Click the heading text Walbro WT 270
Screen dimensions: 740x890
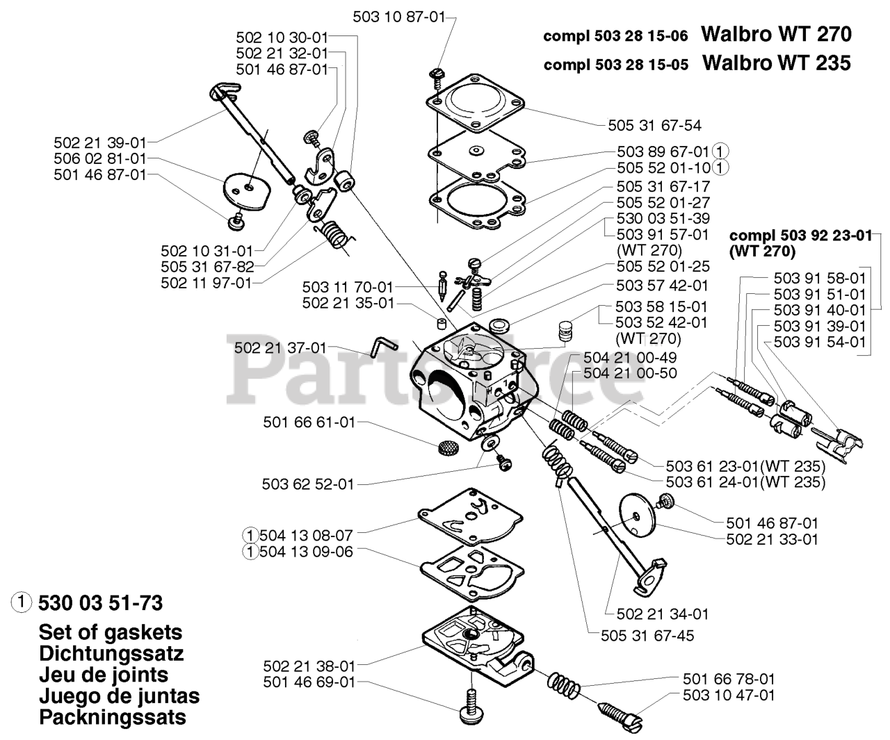776,33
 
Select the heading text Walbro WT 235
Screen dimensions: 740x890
776,63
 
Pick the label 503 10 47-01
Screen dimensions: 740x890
729,695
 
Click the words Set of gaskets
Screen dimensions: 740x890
111,632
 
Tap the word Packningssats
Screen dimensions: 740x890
113,717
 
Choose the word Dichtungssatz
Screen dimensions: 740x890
111,654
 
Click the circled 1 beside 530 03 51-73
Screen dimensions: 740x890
22,601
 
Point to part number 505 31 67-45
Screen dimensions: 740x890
648,635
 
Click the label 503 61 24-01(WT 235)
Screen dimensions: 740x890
745,482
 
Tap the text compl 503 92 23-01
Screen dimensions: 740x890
800,236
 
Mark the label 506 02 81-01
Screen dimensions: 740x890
100,159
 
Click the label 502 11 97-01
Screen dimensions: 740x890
207,283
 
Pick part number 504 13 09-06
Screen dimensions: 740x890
305,552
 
